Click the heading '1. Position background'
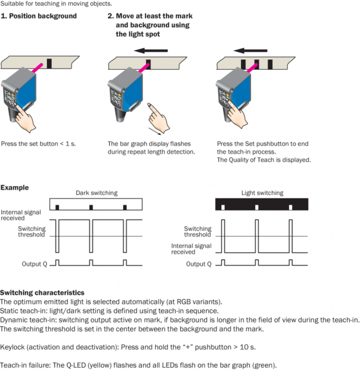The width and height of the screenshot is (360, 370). tap(39, 16)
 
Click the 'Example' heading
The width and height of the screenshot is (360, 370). tap(15, 187)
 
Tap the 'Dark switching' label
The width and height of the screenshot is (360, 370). tap(97, 193)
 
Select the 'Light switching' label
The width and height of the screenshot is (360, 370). tap(262, 193)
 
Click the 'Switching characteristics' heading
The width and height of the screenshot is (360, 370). tap(43, 292)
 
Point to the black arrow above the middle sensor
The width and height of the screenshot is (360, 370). tap(151, 51)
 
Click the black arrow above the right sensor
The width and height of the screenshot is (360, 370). tap(250, 51)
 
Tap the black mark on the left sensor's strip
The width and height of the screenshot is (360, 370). tap(49, 64)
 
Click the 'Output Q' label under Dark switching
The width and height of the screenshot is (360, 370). tap(35, 264)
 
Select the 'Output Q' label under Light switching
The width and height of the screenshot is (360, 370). tap(198, 264)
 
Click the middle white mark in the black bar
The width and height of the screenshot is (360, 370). tap(256, 207)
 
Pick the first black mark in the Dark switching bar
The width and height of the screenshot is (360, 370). tap(57, 207)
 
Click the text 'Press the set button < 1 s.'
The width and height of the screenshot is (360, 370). tap(38, 144)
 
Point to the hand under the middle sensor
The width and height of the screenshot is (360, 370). tap(158, 117)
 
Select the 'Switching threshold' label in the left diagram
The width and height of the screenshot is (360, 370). tap(31, 231)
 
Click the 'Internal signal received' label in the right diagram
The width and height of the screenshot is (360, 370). tap(191, 249)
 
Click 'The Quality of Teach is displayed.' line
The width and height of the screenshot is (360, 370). tap(264, 160)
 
